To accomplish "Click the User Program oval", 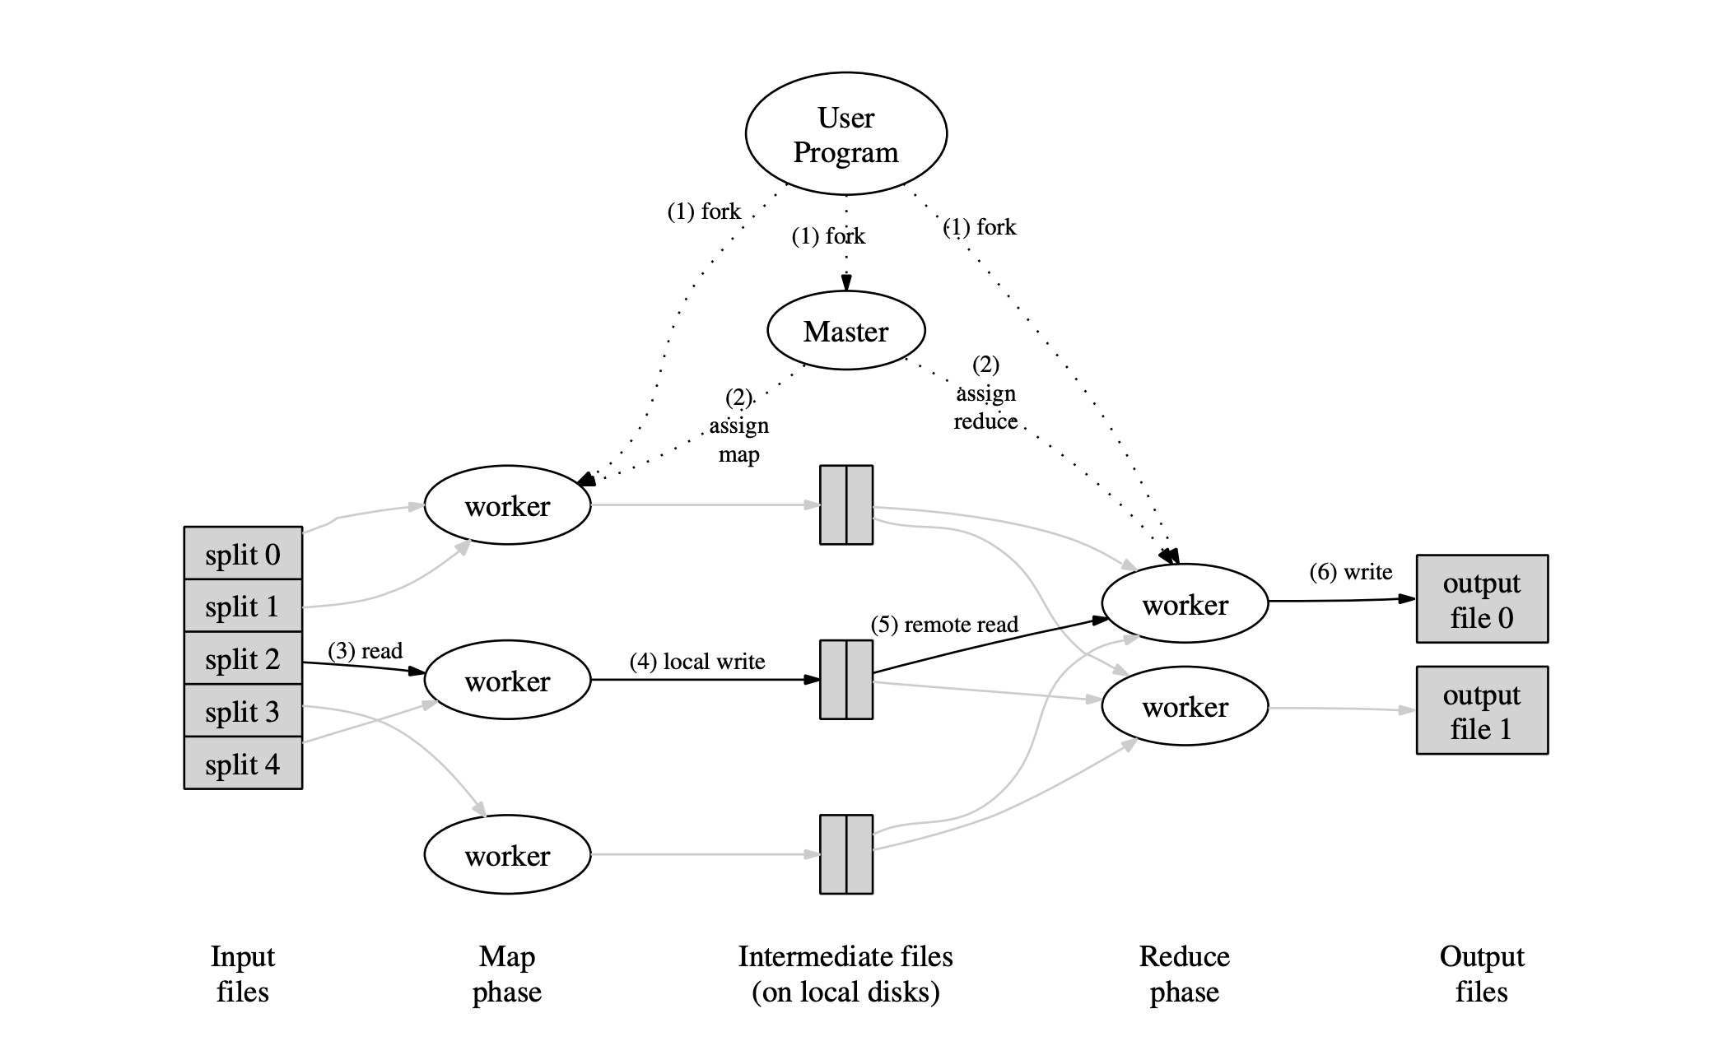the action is [845, 134].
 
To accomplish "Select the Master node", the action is [845, 331].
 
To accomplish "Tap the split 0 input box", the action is [243, 553].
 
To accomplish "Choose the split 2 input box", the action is [243, 658].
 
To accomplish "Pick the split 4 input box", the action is [243, 764].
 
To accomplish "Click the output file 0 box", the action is [1482, 599].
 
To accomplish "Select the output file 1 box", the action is [1482, 710].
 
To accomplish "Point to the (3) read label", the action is [365, 651].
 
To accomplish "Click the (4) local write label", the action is [697, 662].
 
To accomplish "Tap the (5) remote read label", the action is [944, 625].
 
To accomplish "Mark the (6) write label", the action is [1351, 572].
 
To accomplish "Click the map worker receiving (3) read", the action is [507, 681].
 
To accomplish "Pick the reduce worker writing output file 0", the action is [1185, 604].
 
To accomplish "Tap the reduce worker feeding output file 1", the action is [1185, 706].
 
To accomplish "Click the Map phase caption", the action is [507, 974].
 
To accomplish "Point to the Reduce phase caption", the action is [1185, 974].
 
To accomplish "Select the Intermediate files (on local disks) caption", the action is [845, 974].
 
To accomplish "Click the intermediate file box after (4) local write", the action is [846, 680].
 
